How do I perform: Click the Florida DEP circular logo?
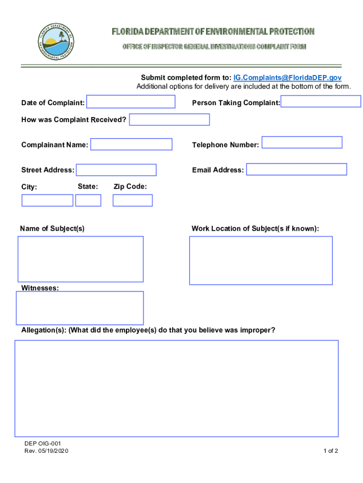56,41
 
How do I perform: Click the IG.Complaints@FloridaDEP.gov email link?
288,78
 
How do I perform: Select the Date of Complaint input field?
131,102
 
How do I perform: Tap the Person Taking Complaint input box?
321,101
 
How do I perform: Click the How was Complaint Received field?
169,120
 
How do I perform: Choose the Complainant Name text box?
131,144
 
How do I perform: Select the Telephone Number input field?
302,142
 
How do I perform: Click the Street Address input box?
116,170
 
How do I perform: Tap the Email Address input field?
297,169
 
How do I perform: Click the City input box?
47,200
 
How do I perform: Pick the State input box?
88,200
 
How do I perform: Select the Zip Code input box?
132,200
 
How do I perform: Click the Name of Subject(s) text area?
81,259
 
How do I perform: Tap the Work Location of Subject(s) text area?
261,260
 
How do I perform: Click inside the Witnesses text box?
80,308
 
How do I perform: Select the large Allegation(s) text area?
176,388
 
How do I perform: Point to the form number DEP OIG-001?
43,444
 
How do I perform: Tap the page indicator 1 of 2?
330,451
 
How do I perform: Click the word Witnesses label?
40,288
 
